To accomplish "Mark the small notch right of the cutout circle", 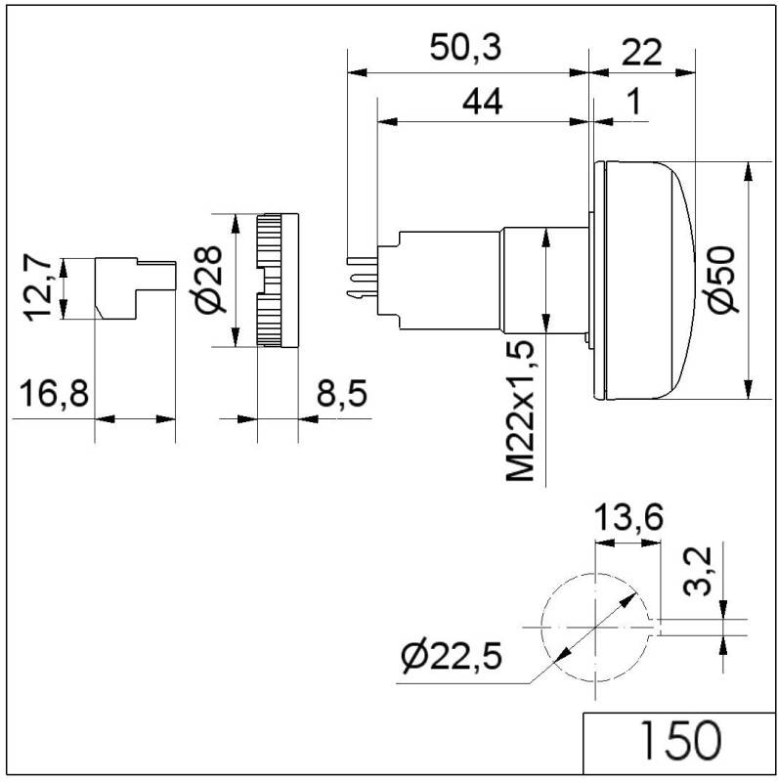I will click(656, 626).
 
